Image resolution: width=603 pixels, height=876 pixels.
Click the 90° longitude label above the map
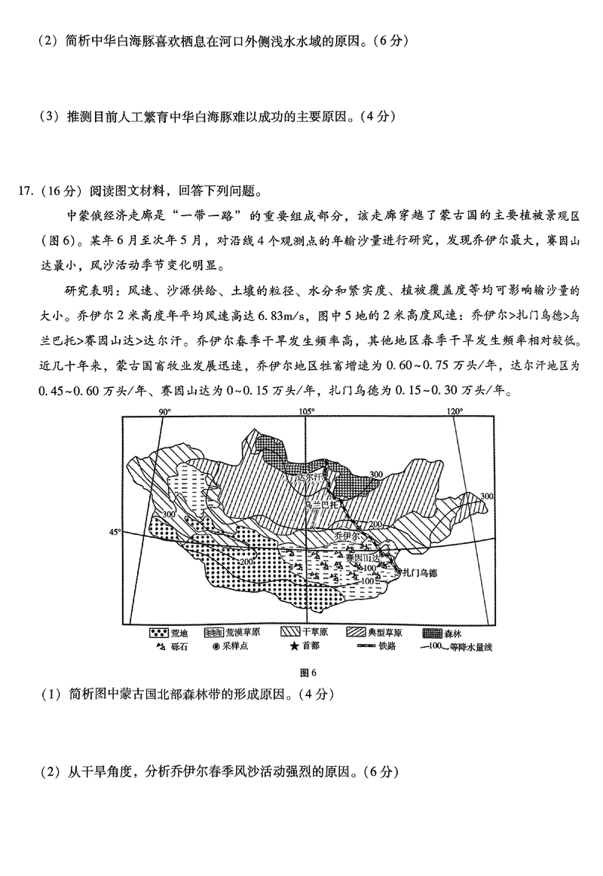click(x=164, y=412)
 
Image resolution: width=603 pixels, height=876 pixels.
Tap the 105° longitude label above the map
click(x=306, y=412)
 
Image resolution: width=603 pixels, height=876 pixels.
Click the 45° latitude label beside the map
click(x=115, y=532)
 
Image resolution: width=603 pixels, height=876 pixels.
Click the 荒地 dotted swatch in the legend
click(x=158, y=633)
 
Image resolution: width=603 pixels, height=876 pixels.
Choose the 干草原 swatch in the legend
click(x=290, y=633)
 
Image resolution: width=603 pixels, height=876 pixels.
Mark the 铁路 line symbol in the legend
click(x=360, y=646)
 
